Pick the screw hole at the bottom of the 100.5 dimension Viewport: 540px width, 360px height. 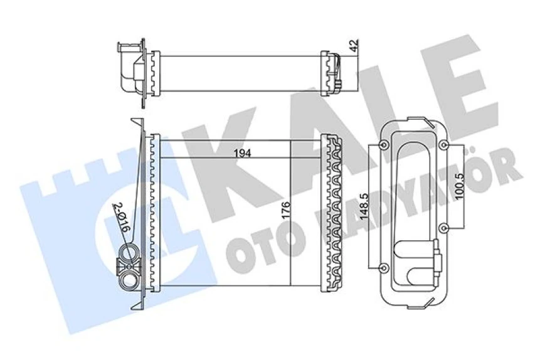coord(443,227)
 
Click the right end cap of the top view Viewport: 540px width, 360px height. coord(334,70)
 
